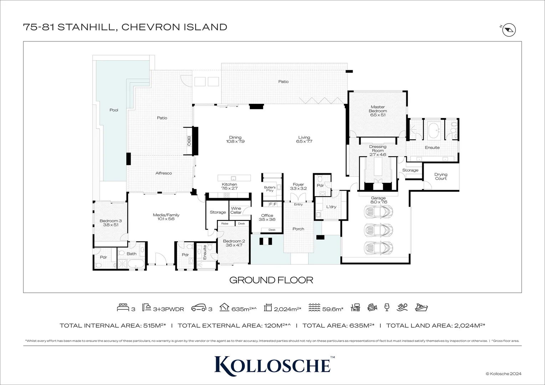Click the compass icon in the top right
coord(509,30)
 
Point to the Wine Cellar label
coord(236,210)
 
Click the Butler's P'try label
coord(270,189)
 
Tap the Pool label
coord(114,110)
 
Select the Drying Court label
coord(441,176)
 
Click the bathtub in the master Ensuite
coord(434,130)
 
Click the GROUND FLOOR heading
coord(271,280)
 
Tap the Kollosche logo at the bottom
coord(272,364)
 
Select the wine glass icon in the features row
coord(387,307)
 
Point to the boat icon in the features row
coord(421,307)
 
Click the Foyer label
coord(298,185)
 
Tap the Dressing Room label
coord(377,149)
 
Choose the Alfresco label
coord(163,173)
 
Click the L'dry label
coord(331,207)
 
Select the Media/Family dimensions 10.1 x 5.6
coord(166,219)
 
